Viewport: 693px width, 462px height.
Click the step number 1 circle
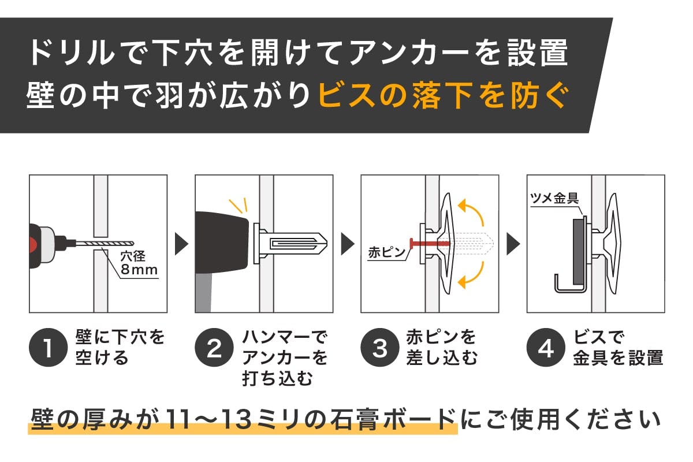[48, 348]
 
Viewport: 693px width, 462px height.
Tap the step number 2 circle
[214, 348]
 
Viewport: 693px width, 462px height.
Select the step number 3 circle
[380, 348]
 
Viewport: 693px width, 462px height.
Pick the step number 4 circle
[546, 348]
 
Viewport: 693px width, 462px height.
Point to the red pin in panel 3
[430, 244]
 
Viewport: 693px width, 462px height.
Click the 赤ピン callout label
[386, 252]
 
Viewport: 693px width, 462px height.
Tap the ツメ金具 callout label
[554, 198]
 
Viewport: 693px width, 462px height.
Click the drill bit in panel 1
[105, 244]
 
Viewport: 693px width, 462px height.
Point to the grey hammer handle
[203, 293]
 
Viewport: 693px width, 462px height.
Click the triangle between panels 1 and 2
[181, 244]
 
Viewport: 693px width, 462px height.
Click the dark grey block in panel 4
[578, 252]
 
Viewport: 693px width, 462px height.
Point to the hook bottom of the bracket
[569, 290]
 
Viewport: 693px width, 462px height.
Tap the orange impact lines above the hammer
[239, 205]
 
